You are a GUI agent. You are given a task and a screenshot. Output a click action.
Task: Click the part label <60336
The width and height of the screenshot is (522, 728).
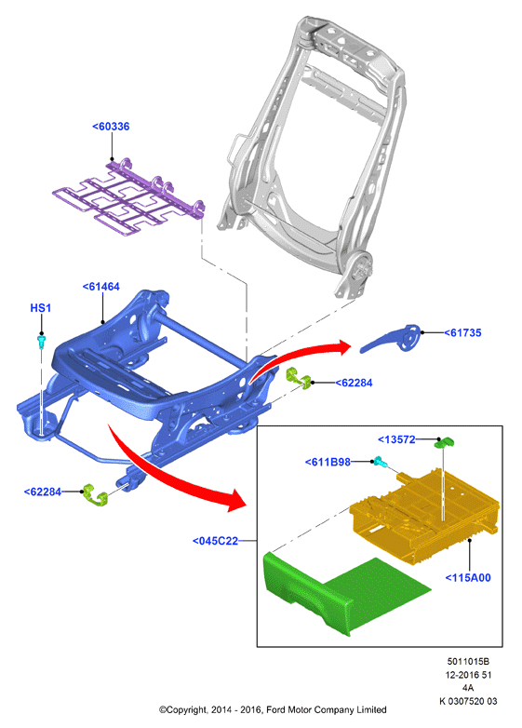click(111, 127)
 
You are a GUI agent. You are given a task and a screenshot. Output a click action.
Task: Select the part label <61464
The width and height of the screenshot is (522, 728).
click(100, 287)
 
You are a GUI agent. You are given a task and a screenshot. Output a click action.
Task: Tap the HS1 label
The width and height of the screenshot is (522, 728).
click(41, 308)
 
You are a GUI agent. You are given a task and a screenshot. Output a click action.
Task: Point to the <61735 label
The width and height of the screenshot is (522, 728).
click(462, 332)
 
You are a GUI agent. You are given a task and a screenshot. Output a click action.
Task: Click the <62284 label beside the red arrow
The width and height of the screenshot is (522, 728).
click(354, 383)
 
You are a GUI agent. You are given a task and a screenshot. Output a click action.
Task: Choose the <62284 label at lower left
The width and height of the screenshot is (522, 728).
click(42, 492)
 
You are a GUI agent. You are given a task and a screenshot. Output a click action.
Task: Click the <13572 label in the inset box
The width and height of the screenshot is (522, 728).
click(396, 439)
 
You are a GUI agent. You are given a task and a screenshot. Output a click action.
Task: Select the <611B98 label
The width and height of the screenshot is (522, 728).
click(328, 462)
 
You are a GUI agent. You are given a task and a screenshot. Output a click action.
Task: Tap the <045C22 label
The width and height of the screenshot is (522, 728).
click(215, 541)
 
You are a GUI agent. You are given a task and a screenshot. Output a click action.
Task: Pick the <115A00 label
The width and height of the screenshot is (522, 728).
click(468, 577)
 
